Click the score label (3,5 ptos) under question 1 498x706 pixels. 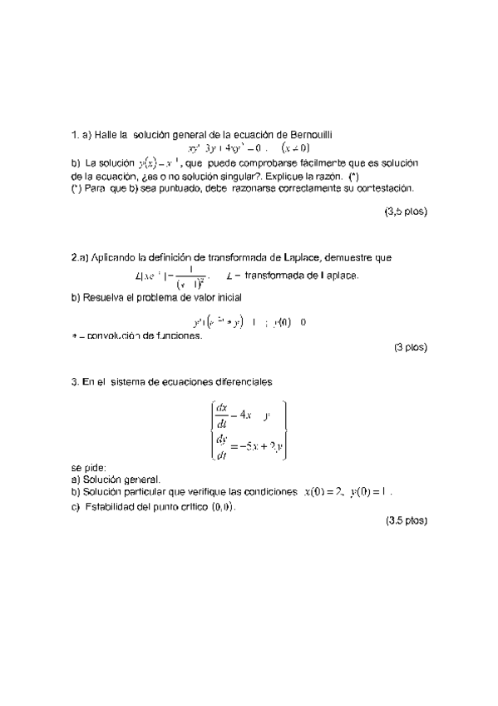point(406,212)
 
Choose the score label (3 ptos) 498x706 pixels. point(410,349)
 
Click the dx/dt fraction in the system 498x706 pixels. point(221,415)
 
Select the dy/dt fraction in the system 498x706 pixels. point(221,447)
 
